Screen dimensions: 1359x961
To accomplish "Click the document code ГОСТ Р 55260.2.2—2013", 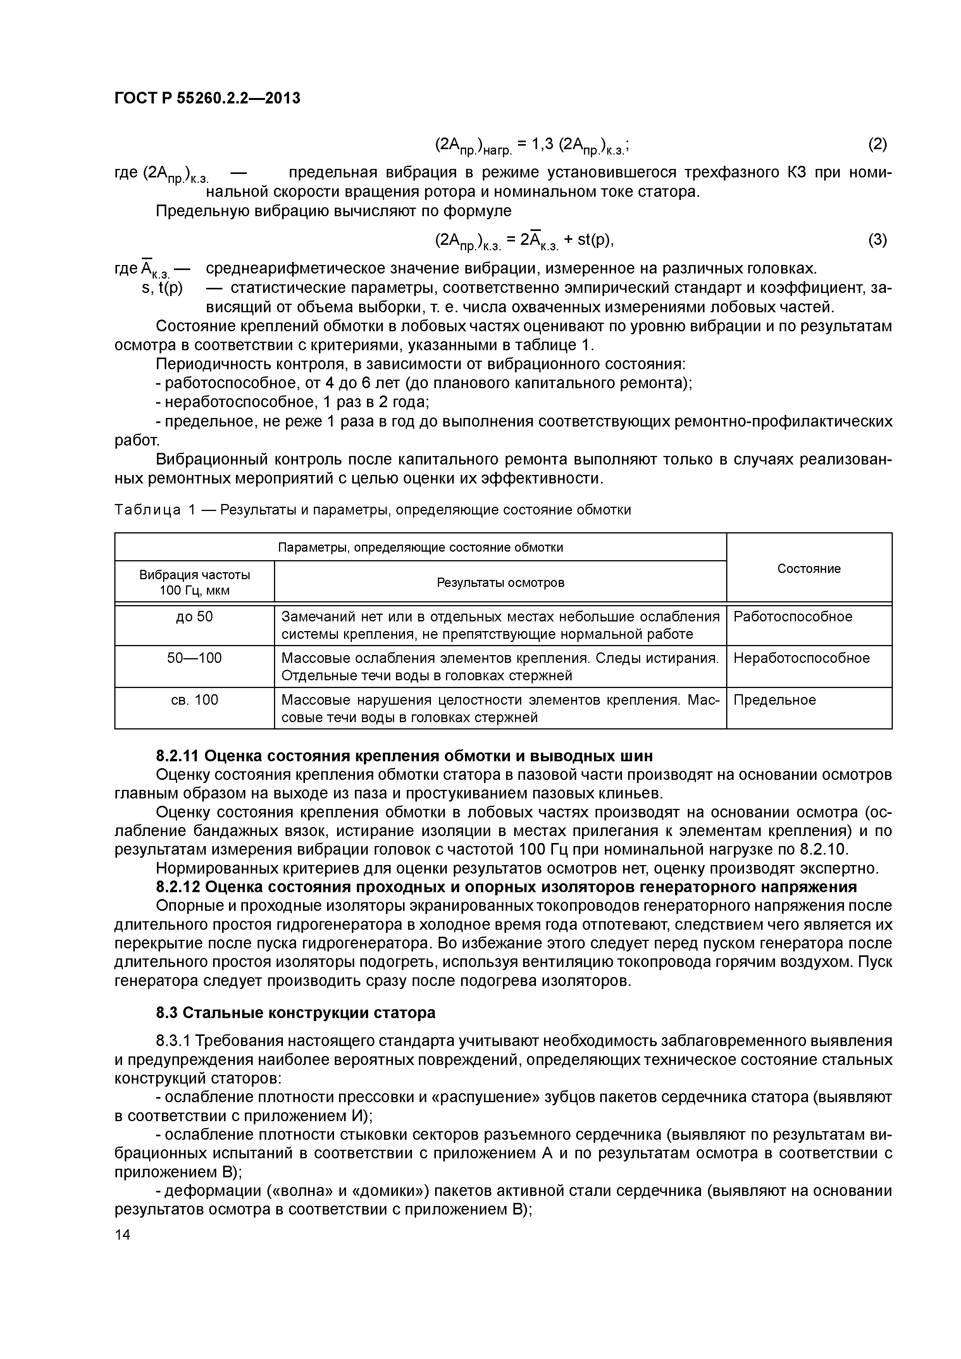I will tap(207, 98).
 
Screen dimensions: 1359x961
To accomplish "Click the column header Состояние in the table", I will tap(808, 568).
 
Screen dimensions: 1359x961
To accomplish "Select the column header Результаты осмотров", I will tap(500, 582).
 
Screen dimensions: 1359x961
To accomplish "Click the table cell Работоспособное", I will tap(792, 617).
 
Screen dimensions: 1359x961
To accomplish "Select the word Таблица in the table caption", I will tap(147, 510).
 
